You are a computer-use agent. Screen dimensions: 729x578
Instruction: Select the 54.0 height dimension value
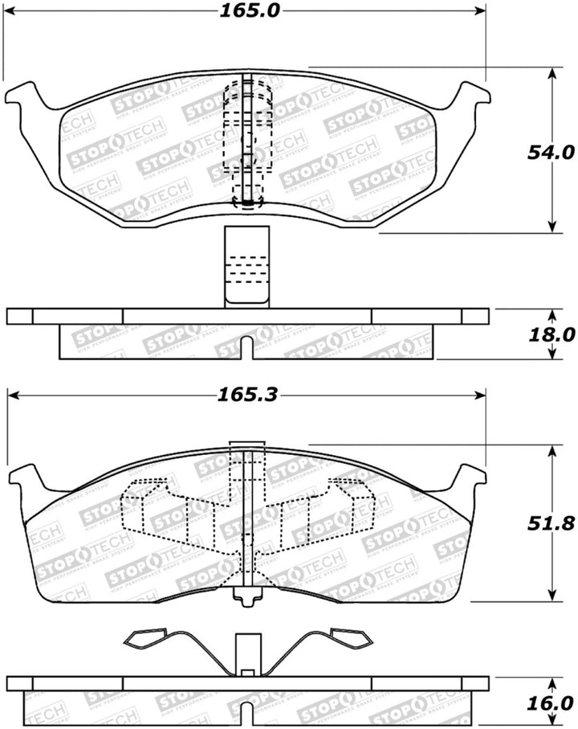point(552,151)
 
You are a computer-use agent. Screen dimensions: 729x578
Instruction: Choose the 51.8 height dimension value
point(552,522)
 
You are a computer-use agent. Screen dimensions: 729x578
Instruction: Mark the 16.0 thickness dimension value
point(552,701)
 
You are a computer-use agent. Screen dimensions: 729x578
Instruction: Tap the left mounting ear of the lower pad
point(26,479)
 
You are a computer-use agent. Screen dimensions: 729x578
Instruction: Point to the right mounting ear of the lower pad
point(470,479)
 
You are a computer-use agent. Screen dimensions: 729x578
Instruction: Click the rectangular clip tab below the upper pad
point(246,266)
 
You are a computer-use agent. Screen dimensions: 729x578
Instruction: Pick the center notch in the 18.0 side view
point(247,348)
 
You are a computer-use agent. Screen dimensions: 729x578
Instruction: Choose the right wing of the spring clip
point(348,640)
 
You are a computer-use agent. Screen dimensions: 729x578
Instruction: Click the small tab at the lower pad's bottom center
point(247,597)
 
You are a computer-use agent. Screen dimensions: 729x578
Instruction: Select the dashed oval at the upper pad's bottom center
point(247,204)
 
